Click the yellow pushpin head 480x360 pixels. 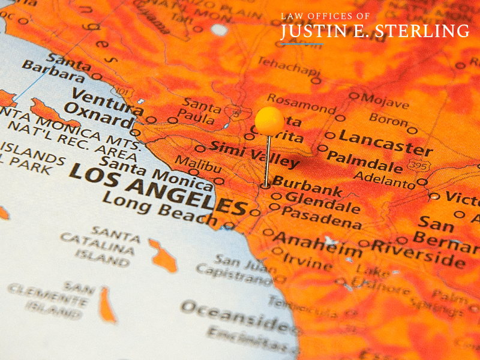(269, 121)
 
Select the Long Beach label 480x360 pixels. (160, 209)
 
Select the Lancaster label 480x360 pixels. (385, 142)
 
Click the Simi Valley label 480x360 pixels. (254, 154)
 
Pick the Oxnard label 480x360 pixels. (98, 116)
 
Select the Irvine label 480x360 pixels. (307, 260)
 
